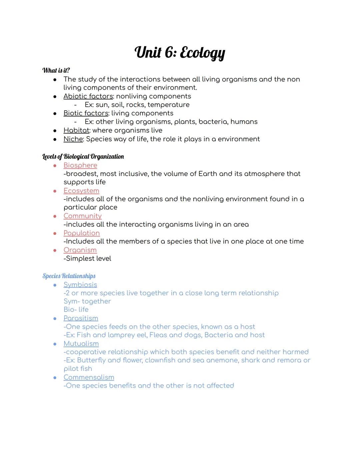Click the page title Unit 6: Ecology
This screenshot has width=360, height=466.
[180, 53]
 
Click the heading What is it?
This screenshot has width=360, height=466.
[56, 70]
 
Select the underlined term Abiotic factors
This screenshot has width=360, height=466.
[88, 96]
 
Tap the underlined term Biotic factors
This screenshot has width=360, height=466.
[86, 113]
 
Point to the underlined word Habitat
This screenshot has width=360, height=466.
[76, 130]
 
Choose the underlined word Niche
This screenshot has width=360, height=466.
[73, 139]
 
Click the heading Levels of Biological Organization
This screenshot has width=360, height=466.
[83, 156]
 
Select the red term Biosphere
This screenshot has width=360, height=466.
[80, 165]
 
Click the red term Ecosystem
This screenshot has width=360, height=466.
[81, 191]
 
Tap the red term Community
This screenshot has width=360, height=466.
[82, 216]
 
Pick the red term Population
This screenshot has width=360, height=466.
[82, 233]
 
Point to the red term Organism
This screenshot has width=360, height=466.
[80, 250]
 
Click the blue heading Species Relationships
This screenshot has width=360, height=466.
[69, 276]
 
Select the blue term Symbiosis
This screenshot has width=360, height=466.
[80, 285]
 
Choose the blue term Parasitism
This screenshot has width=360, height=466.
[81, 319]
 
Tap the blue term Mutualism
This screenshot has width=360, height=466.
[81, 344]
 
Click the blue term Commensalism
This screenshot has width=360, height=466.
[89, 378]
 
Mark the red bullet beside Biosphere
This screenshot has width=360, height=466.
[55, 165]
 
